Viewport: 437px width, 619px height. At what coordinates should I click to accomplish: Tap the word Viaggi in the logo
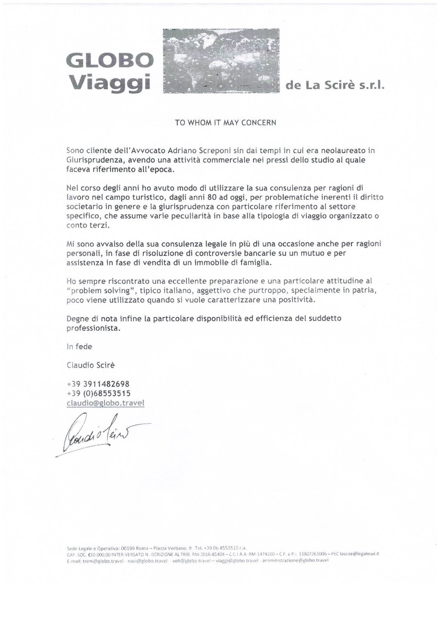point(110,82)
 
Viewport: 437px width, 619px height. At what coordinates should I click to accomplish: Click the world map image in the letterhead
point(221,61)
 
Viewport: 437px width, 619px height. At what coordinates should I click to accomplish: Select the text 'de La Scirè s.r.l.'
point(336,86)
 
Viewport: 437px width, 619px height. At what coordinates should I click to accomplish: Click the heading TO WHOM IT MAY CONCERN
point(226,123)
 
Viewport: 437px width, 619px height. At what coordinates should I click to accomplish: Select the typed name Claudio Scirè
point(90,364)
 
